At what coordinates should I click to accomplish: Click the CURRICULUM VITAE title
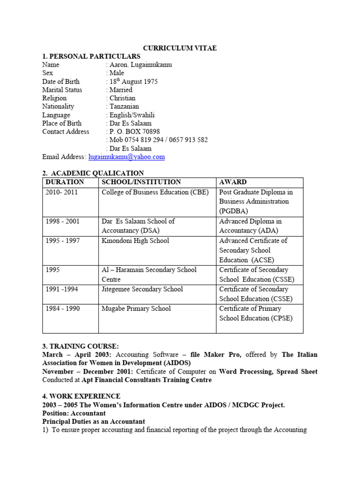[x=180, y=48]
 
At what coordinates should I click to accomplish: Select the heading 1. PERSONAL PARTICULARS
[x=91, y=57]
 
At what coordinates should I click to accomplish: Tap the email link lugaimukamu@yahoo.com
[x=127, y=157]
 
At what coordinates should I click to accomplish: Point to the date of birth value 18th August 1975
[x=133, y=82]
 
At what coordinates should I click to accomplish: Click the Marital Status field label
[x=62, y=90]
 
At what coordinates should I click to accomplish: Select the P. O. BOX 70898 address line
[x=134, y=132]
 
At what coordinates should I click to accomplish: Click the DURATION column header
[x=65, y=182]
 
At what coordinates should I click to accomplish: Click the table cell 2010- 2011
[x=61, y=192]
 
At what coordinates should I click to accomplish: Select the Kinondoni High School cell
[x=135, y=241]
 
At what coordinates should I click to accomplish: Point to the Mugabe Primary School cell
[x=136, y=308]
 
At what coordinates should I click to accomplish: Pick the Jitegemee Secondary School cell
[x=142, y=289]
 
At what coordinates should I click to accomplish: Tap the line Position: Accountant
[x=74, y=413]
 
